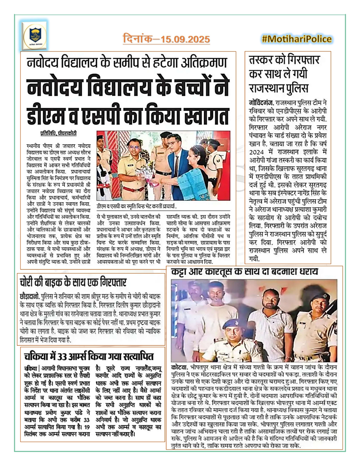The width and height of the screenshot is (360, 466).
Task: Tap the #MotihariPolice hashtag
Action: click(296, 39)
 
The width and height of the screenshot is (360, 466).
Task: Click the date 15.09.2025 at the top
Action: click(185, 39)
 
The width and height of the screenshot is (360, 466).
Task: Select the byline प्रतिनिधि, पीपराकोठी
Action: click(58, 133)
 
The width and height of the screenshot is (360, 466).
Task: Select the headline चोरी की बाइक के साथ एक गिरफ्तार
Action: click(73, 282)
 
